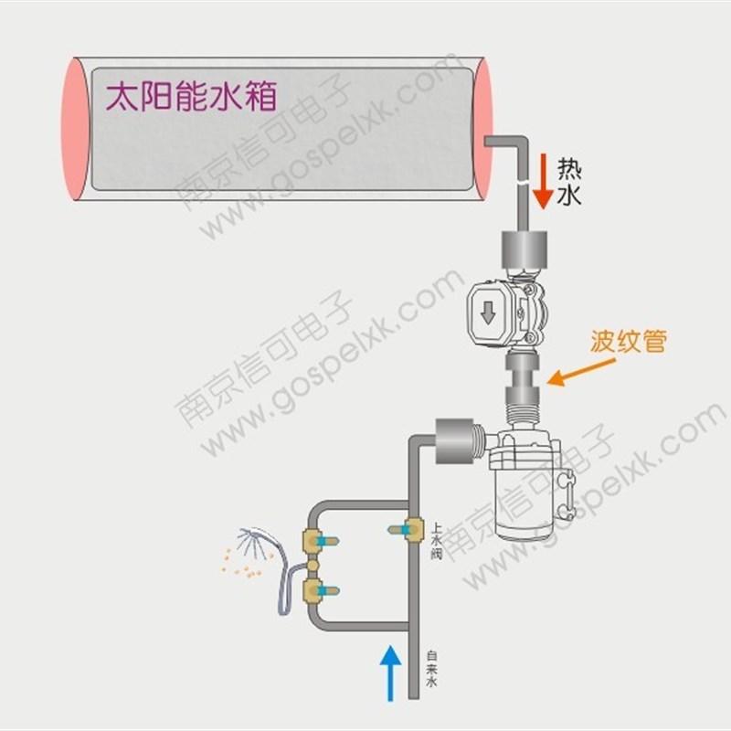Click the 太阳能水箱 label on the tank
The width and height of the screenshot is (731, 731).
coord(191,96)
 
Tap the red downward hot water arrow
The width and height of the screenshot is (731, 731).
coord(544,181)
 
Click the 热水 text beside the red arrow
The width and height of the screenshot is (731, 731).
coord(569,182)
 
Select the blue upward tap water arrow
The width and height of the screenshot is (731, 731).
coord(390,672)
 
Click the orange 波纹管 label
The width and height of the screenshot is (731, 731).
coord(629,342)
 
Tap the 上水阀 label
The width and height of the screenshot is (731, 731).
coord(437,541)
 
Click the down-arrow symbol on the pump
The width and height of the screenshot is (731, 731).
coord(488,312)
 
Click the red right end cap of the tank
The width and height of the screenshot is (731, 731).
coord(483,128)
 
